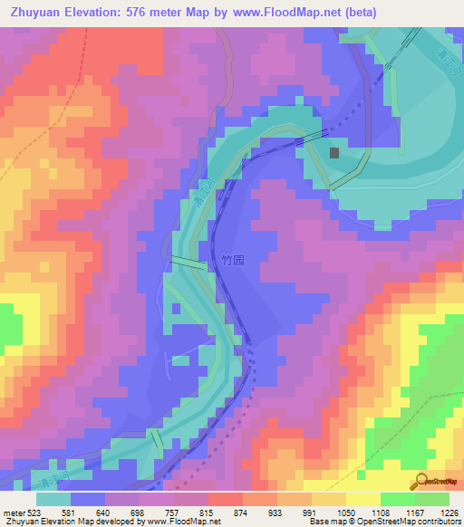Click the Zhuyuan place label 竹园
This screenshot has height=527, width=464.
tap(233, 259)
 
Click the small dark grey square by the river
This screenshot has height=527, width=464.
tap(334, 154)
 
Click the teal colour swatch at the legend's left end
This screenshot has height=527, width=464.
tap(53, 499)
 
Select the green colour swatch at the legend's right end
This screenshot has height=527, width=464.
tap(432, 499)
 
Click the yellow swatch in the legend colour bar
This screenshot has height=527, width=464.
tap(362, 499)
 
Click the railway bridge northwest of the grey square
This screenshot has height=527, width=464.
tap(313, 137)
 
